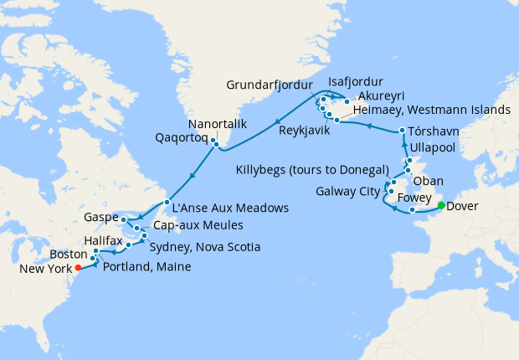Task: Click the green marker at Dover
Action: coord(441,204)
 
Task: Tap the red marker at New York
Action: coord(78,268)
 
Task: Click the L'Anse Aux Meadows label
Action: coord(230,207)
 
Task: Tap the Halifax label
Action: coord(104,240)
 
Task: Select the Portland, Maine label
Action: coord(147,266)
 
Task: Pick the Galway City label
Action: coord(348,191)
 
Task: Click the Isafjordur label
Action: coord(356,82)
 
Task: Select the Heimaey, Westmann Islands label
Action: coord(432,110)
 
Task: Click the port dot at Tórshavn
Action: coord(403,131)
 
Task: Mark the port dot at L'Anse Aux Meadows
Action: coord(167,203)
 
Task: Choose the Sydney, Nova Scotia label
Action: coord(204,248)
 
